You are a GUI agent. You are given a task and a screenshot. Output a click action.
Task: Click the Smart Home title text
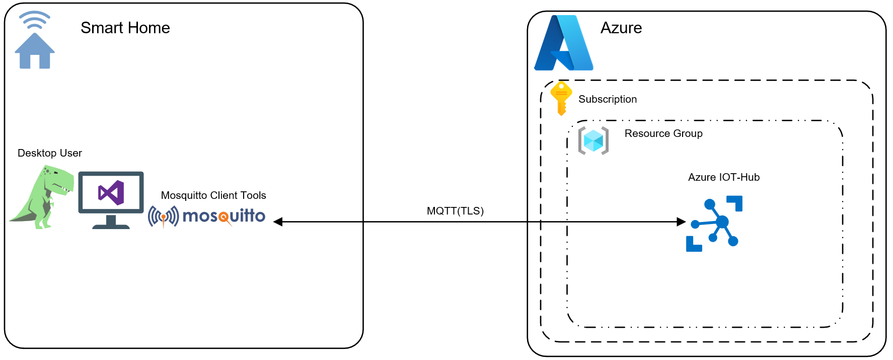pos(125,28)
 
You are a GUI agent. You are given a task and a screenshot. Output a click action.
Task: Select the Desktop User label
pos(49,153)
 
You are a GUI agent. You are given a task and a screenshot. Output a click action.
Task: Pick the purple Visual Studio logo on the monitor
pos(111,192)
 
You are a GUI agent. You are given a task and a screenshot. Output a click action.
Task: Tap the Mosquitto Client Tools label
pos(213,195)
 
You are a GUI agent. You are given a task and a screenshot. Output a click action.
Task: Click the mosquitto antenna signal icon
pos(163,217)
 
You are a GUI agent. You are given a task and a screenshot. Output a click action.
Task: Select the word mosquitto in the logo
pos(224,216)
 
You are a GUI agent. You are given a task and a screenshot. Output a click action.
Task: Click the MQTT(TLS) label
pos(455,211)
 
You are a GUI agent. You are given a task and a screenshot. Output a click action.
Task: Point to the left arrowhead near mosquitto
pos(277,222)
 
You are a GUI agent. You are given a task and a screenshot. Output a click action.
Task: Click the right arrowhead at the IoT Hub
pos(682,222)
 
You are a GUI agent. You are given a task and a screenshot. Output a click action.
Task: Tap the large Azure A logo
pos(564,44)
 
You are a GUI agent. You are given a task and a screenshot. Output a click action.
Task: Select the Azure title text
pos(621,28)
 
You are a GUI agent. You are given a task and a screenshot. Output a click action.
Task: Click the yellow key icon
pos(561,98)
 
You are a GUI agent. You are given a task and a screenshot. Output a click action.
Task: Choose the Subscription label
pos(607,99)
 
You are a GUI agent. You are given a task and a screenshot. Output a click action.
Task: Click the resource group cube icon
pos(593,140)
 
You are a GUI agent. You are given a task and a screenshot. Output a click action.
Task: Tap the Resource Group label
pos(663,133)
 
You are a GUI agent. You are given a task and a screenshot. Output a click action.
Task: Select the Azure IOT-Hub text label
pos(723,177)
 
